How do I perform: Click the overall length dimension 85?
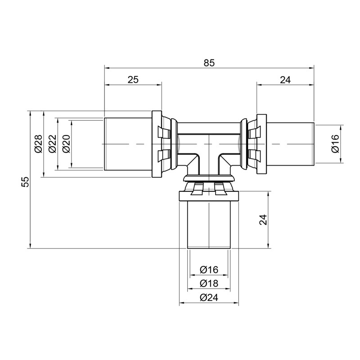209,63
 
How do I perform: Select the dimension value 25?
133,79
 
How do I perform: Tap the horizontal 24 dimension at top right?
285,79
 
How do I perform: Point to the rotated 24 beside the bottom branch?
264,220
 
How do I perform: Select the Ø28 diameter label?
38,144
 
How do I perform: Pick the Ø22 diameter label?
52,144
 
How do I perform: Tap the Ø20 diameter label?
66,144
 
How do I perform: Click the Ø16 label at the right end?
336,144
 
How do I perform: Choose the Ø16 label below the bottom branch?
209,270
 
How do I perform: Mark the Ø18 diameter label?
209,283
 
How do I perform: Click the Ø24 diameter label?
209,297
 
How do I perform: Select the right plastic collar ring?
261,144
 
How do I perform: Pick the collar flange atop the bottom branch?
209,197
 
